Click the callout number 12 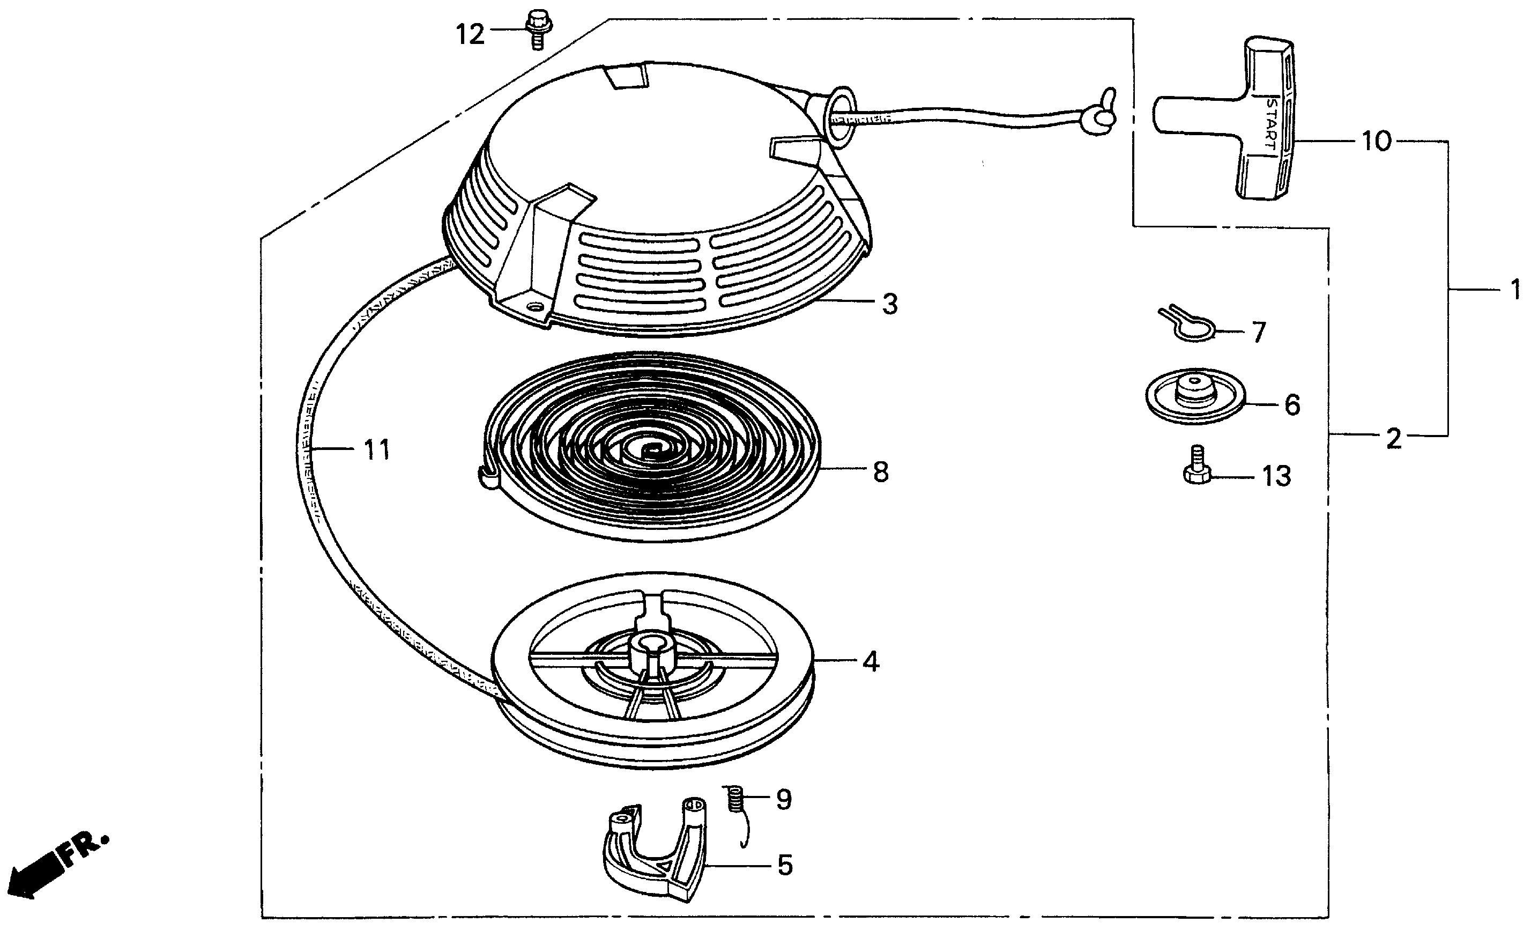(470, 34)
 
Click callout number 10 (1376, 142)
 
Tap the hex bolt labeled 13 (1196, 466)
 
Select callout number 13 (1276, 477)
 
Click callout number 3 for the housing (890, 305)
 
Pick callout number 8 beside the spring (880, 472)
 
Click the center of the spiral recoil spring (649, 446)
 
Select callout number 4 (871, 662)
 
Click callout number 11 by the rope (376, 449)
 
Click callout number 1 (1515, 290)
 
